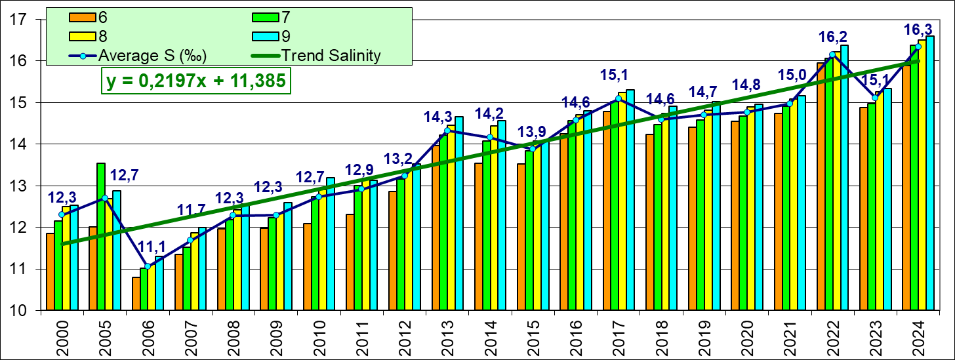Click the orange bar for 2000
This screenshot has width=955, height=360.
coord(51,271)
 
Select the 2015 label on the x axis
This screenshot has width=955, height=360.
coord(534,335)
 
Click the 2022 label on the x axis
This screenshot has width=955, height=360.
coord(833,335)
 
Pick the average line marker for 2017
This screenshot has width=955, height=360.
coord(619,98)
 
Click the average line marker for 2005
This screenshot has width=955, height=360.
coord(105,197)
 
